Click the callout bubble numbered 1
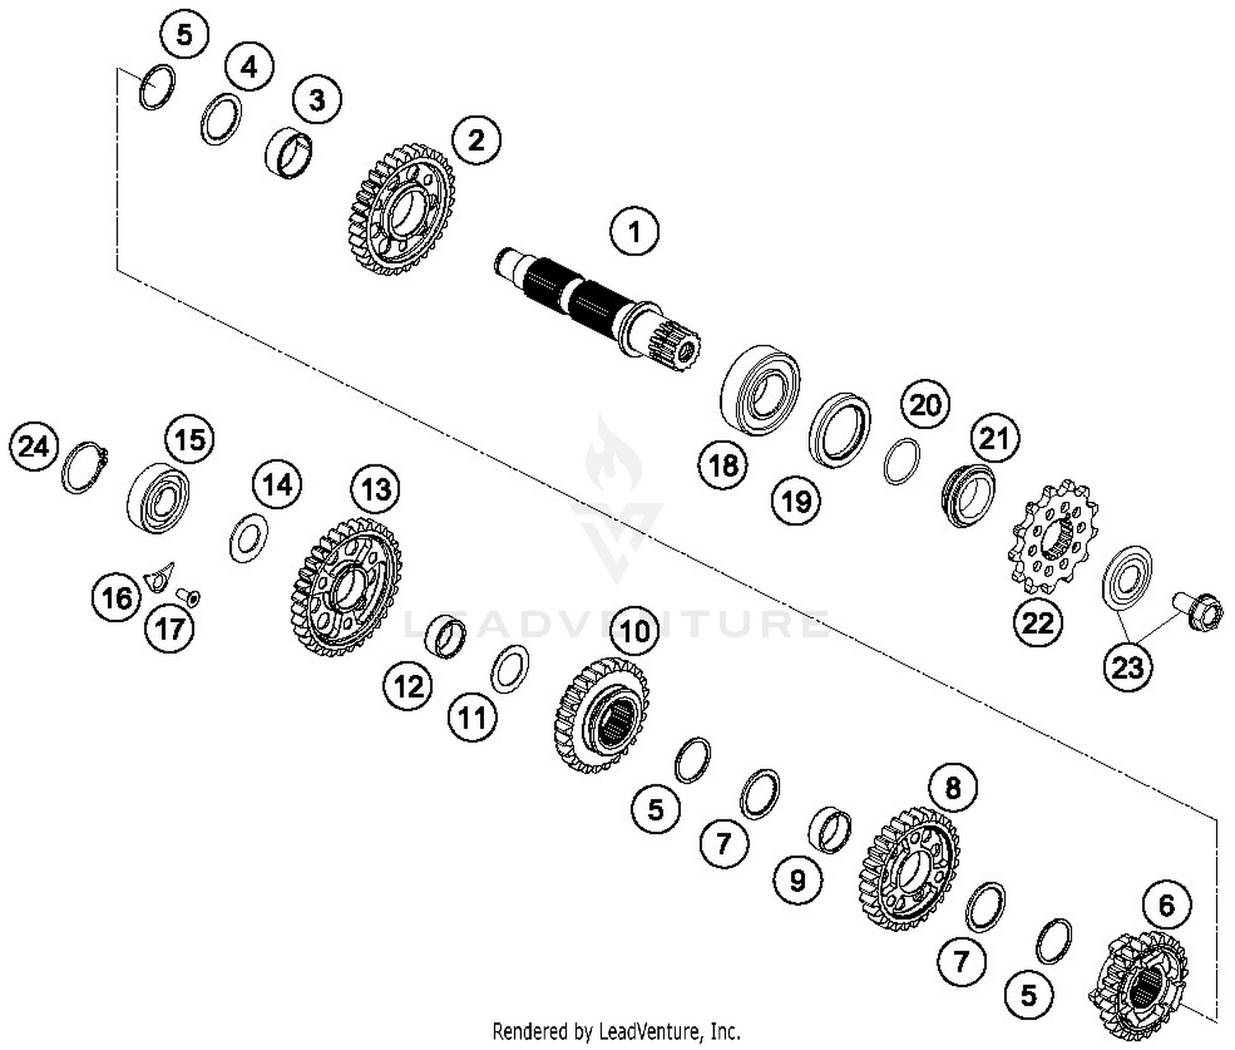coord(634,232)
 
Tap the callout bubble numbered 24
coord(34,447)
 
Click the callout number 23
coord(1127,666)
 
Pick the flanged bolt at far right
coord(1198,613)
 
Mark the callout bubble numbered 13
coord(375,490)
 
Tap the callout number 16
coord(116,597)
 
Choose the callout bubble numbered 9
coord(797,880)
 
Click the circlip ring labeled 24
coord(85,469)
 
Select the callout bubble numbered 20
coord(925,404)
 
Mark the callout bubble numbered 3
coord(316,100)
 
